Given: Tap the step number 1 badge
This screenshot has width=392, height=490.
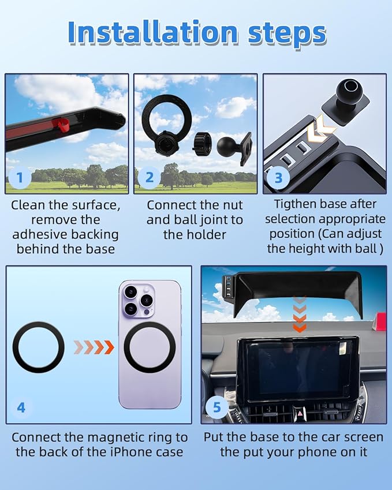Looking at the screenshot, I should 20,177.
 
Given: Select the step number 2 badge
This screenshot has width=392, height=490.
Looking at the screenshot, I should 149,177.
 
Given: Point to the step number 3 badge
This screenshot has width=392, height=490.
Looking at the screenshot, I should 278,177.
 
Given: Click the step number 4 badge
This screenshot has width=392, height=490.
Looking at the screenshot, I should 21,407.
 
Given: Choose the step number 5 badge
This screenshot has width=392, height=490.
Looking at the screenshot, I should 216,407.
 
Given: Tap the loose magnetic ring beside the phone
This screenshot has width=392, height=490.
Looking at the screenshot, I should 39,347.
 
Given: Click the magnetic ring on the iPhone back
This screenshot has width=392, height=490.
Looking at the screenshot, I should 149,347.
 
